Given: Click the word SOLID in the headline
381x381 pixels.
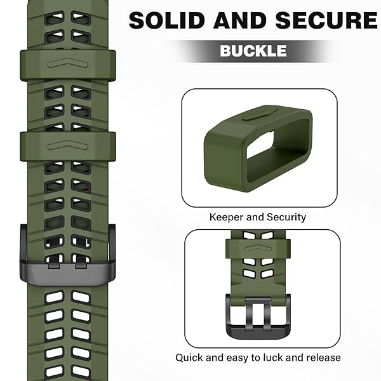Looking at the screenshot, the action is click(x=166, y=20).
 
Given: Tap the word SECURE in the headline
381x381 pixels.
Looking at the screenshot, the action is click(x=326, y=20).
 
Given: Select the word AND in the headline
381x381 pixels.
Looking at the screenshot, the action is click(x=240, y=20).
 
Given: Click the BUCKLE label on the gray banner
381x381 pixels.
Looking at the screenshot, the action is click(x=253, y=51).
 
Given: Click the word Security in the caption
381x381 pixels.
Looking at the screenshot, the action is click(x=286, y=217).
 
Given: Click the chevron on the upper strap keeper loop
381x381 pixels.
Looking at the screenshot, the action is click(x=68, y=63).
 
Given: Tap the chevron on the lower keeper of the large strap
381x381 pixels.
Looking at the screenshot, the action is click(x=68, y=145).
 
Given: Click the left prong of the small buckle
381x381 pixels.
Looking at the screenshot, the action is click(x=249, y=315).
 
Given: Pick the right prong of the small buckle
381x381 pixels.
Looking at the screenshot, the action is click(x=267, y=315).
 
